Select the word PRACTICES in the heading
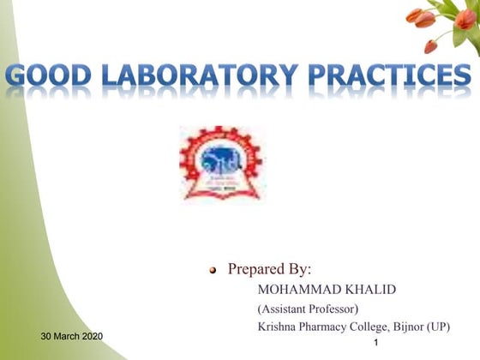[x=398, y=79]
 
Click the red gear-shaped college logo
[x=221, y=164]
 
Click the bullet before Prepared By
[x=214, y=271]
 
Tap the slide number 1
[x=378, y=344]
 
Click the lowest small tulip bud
[x=430, y=46]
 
